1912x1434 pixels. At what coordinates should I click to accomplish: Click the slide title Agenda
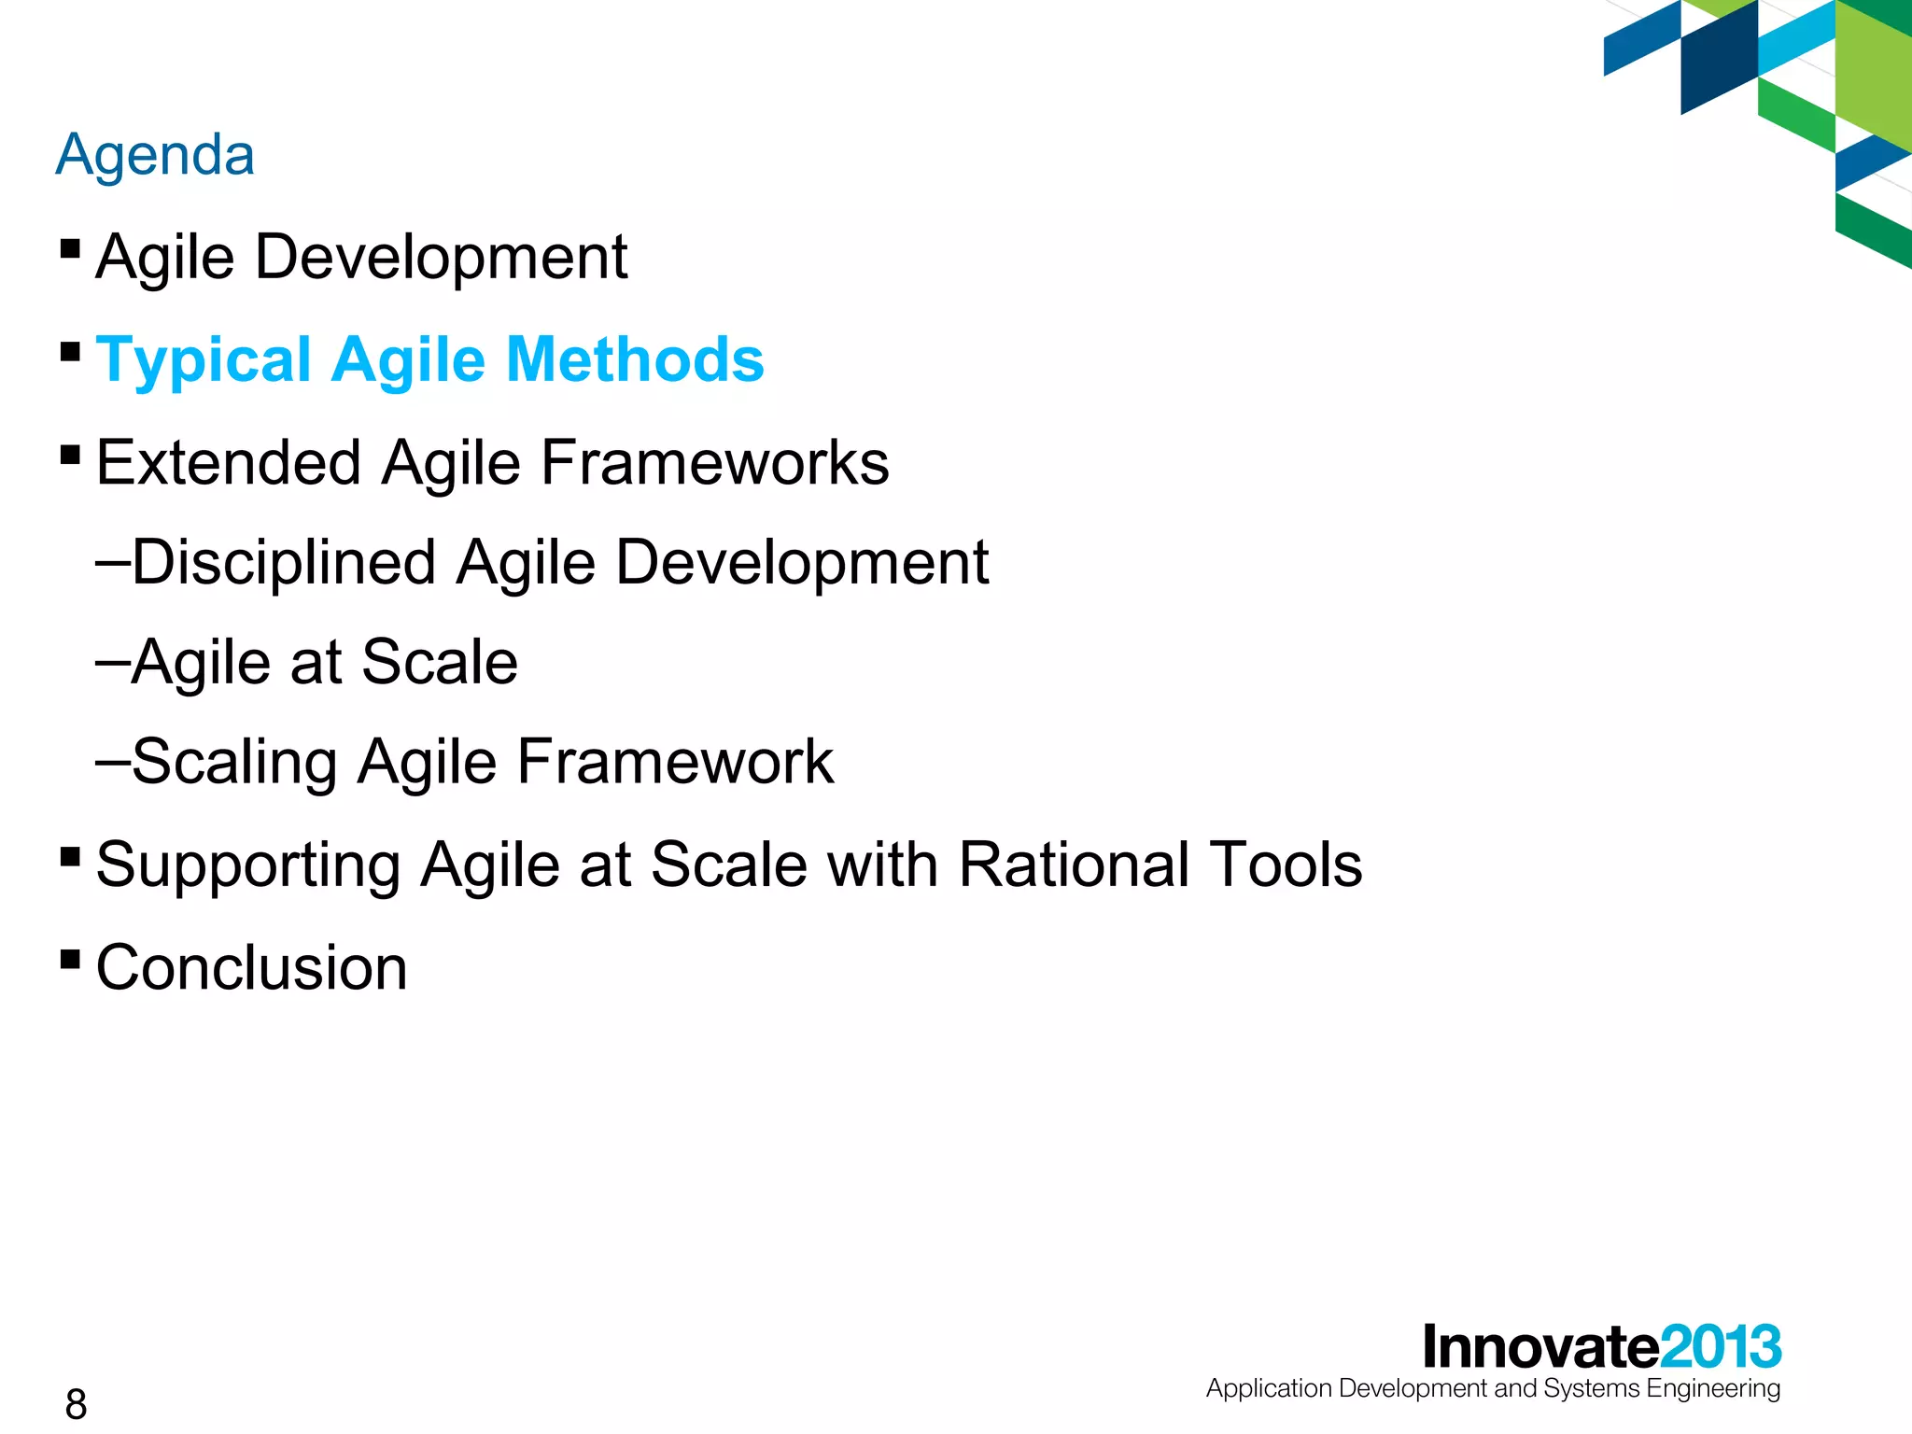click(x=155, y=155)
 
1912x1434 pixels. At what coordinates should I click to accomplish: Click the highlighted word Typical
click(x=204, y=360)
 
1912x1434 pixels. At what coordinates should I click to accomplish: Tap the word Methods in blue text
click(x=635, y=360)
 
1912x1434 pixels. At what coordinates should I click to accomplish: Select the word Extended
click(x=229, y=463)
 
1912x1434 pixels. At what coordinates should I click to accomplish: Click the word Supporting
click(x=248, y=865)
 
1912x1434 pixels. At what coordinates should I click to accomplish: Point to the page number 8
click(x=76, y=1404)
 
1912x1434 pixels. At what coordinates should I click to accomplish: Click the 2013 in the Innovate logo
click(x=1721, y=1346)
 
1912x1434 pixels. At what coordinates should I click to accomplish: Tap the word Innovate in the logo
click(x=1540, y=1346)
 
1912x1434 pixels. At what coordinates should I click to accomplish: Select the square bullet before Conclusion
click(x=70, y=959)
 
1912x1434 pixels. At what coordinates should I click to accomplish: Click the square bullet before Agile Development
click(x=70, y=248)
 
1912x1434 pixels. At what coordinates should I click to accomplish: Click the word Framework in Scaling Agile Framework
click(x=675, y=762)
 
